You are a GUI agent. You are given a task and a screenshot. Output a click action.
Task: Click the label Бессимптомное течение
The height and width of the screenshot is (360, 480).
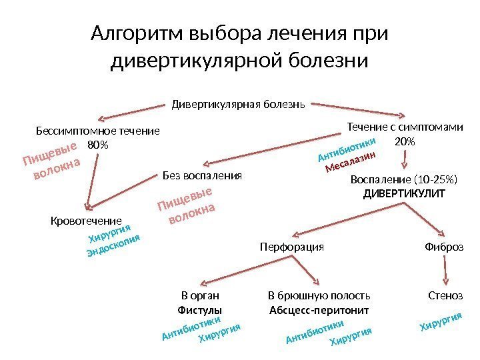point(97,131)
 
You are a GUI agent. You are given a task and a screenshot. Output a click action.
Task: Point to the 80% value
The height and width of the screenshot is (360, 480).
point(97,144)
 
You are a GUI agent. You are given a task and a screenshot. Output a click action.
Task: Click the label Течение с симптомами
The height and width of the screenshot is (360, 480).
point(405,127)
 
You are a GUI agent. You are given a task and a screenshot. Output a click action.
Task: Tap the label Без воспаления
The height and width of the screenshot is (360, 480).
point(201,176)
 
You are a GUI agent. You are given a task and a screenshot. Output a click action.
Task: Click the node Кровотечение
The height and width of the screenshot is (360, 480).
point(86,220)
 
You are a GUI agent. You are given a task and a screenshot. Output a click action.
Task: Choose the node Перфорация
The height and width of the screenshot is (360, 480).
point(291,247)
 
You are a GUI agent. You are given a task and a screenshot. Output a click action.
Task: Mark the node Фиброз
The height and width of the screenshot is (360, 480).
point(443,247)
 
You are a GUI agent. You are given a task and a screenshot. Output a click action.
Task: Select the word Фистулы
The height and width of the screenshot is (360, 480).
point(200,310)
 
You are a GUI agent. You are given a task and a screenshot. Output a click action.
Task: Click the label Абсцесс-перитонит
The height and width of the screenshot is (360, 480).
point(319,310)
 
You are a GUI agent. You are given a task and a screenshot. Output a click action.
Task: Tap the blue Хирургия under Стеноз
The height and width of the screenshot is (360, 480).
point(440,322)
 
